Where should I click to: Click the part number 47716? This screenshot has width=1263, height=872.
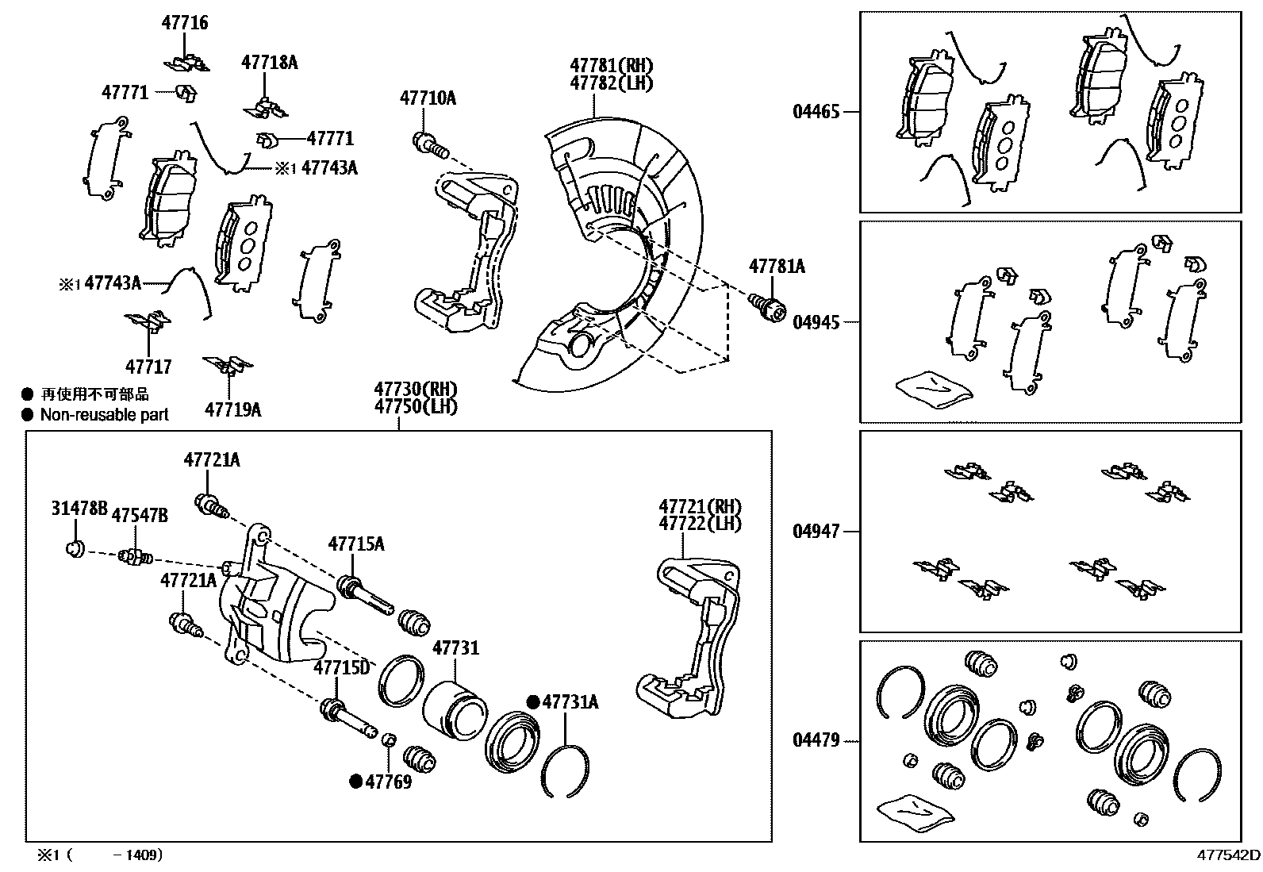[x=185, y=23]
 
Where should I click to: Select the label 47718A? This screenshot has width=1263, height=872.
[x=270, y=63]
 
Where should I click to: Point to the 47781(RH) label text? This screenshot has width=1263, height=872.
[x=611, y=65]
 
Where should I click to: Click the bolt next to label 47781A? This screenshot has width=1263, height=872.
[x=766, y=306]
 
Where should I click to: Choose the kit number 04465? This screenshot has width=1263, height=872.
[x=816, y=112]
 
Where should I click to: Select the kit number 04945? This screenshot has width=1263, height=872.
[x=816, y=322]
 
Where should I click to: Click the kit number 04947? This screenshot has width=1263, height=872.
[x=816, y=532]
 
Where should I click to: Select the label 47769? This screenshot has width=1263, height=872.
[x=388, y=782]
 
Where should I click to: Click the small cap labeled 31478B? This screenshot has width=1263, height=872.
[x=75, y=548]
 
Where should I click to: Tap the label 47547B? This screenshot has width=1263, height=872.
[x=139, y=516]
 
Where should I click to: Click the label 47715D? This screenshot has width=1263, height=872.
[x=341, y=667]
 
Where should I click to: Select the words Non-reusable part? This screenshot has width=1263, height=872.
[x=104, y=414]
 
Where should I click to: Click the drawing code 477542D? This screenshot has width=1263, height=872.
[x=1228, y=855]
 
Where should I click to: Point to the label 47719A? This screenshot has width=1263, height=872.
[x=232, y=410]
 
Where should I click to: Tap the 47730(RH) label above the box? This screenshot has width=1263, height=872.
[x=416, y=390]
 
